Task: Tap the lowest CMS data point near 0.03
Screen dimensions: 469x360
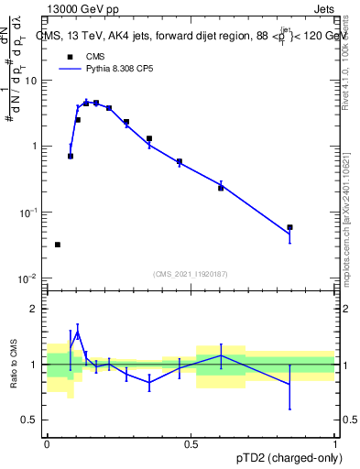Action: [58, 245]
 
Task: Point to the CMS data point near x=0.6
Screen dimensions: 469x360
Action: [221, 188]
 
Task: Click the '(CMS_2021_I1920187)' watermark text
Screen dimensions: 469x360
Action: [191, 274]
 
